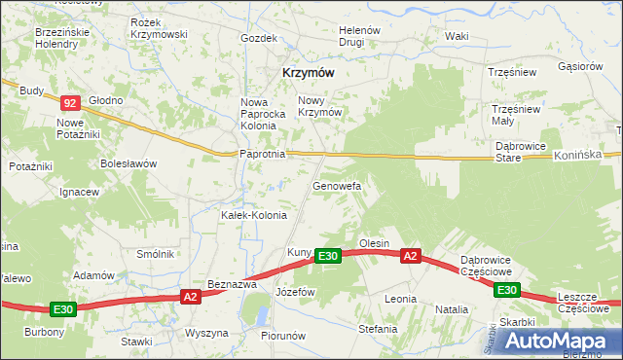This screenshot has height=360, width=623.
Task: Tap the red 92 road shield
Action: tap(69, 102)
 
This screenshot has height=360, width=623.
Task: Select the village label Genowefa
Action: tap(337, 185)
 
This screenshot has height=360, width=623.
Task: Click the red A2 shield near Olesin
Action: tap(411, 256)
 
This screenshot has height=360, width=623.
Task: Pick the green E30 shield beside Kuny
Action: tap(328, 256)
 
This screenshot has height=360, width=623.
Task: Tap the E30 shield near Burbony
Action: tap(63, 309)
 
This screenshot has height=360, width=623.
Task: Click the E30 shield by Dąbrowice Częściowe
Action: tap(506, 290)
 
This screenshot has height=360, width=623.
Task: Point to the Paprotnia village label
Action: tap(262, 154)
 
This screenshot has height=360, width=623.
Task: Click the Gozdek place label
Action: tap(259, 39)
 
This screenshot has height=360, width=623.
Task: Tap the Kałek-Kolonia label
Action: tap(254, 215)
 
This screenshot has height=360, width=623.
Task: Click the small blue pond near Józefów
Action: tap(260, 313)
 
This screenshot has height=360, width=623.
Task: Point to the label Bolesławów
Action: tap(128, 163)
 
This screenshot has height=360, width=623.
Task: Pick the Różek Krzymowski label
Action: tap(158, 27)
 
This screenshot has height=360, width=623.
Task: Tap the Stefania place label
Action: tap(379, 329)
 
